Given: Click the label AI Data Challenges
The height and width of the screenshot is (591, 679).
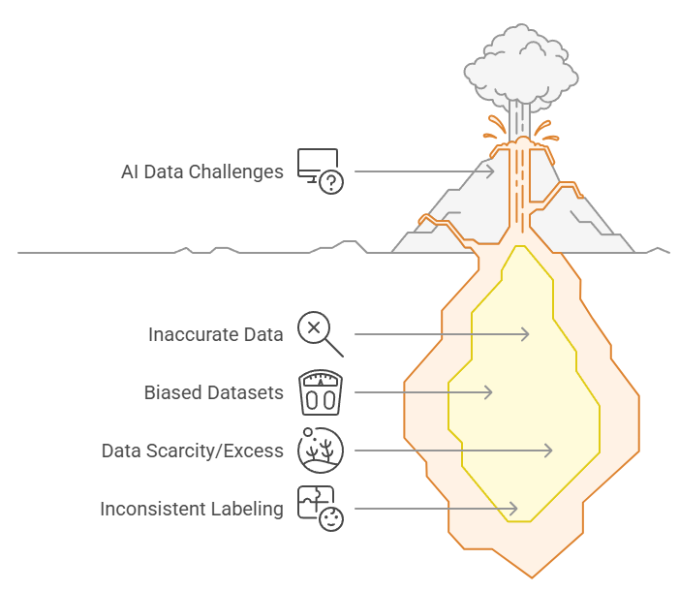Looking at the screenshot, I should point(201,171).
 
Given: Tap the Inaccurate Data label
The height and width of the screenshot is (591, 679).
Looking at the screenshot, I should point(215,334).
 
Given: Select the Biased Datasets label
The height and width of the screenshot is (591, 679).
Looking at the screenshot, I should point(213,392).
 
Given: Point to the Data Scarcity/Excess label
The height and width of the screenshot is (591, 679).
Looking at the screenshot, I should point(192,451).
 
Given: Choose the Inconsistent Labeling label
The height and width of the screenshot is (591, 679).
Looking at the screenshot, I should point(192,509).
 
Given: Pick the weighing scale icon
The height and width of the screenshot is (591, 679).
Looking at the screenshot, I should point(320,392).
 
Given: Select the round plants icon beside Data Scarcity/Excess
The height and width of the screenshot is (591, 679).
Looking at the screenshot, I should point(320,451).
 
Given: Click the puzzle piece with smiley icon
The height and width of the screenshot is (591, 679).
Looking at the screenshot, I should point(320,508).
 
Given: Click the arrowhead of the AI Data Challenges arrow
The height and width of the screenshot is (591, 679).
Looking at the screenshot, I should point(492,171).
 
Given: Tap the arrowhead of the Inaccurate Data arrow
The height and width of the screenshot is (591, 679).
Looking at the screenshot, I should point(526,334).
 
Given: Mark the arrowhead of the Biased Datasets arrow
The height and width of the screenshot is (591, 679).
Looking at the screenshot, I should point(490,392).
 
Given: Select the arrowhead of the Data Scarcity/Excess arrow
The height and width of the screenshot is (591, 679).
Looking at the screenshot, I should point(549,451).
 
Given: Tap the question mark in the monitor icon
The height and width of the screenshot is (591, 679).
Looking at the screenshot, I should point(331,183).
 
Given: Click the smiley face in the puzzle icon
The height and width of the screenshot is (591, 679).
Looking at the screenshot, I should point(331,519).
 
